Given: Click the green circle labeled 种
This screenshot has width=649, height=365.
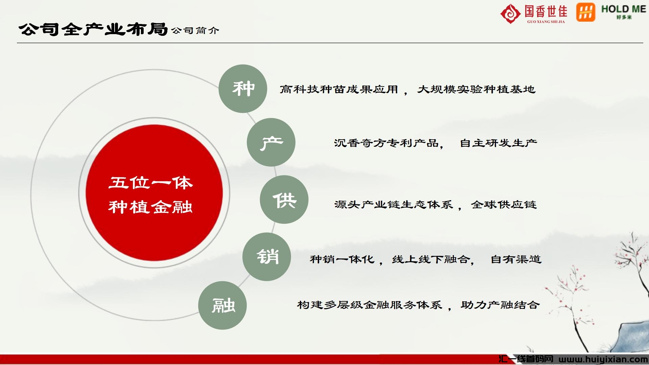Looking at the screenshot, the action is [x=243, y=89].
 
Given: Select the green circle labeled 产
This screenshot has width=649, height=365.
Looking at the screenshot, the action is [x=271, y=142].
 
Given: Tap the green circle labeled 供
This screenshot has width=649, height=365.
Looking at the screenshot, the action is [x=284, y=199].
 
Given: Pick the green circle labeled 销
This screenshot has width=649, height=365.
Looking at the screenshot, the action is [x=267, y=257].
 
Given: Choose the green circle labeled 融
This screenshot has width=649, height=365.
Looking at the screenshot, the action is [x=222, y=306].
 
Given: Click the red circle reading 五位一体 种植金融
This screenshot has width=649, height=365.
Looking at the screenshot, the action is [x=154, y=193].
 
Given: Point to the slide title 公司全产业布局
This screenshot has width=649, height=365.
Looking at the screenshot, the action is [x=93, y=30].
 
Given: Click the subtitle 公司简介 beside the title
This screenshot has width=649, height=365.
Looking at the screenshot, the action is [x=195, y=31].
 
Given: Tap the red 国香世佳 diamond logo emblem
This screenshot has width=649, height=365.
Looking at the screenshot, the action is [x=510, y=14].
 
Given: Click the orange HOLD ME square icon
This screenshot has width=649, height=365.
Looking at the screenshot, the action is [x=586, y=13].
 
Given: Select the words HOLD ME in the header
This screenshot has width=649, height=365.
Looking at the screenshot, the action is [x=624, y=9].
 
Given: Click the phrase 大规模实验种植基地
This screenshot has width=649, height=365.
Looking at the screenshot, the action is [x=476, y=89].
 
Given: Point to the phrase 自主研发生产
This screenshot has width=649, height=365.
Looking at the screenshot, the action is [x=499, y=143].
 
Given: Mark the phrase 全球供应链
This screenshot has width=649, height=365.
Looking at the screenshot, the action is [x=504, y=204].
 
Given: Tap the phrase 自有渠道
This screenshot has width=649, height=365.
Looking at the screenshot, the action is [x=516, y=259].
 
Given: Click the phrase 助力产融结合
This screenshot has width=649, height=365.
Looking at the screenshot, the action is [x=500, y=305].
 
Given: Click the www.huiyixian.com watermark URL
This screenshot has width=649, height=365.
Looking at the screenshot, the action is [x=603, y=359].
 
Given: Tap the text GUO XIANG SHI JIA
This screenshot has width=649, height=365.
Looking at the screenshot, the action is [x=546, y=22].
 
